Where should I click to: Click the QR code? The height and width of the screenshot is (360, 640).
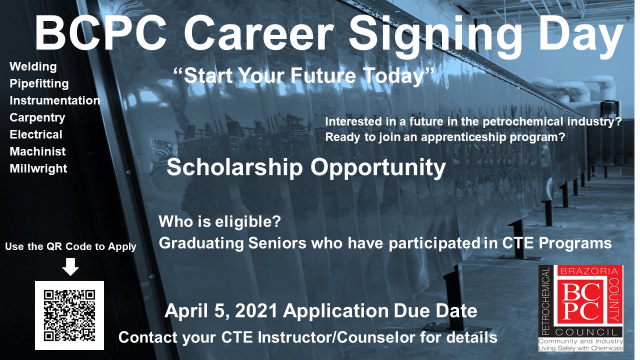[x=69, y=315]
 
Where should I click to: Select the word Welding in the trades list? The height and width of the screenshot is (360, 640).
[x=33, y=66]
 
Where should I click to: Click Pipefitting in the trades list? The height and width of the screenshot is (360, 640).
[x=39, y=83]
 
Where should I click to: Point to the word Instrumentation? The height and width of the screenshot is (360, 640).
[x=54, y=100]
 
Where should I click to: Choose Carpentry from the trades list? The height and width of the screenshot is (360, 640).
[x=37, y=117]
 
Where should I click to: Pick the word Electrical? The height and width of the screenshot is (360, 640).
[x=36, y=134]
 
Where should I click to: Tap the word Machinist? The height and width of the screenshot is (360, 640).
[x=37, y=151]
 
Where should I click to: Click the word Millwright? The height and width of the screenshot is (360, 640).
[x=38, y=168]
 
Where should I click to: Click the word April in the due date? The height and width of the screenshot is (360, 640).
[x=187, y=311]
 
